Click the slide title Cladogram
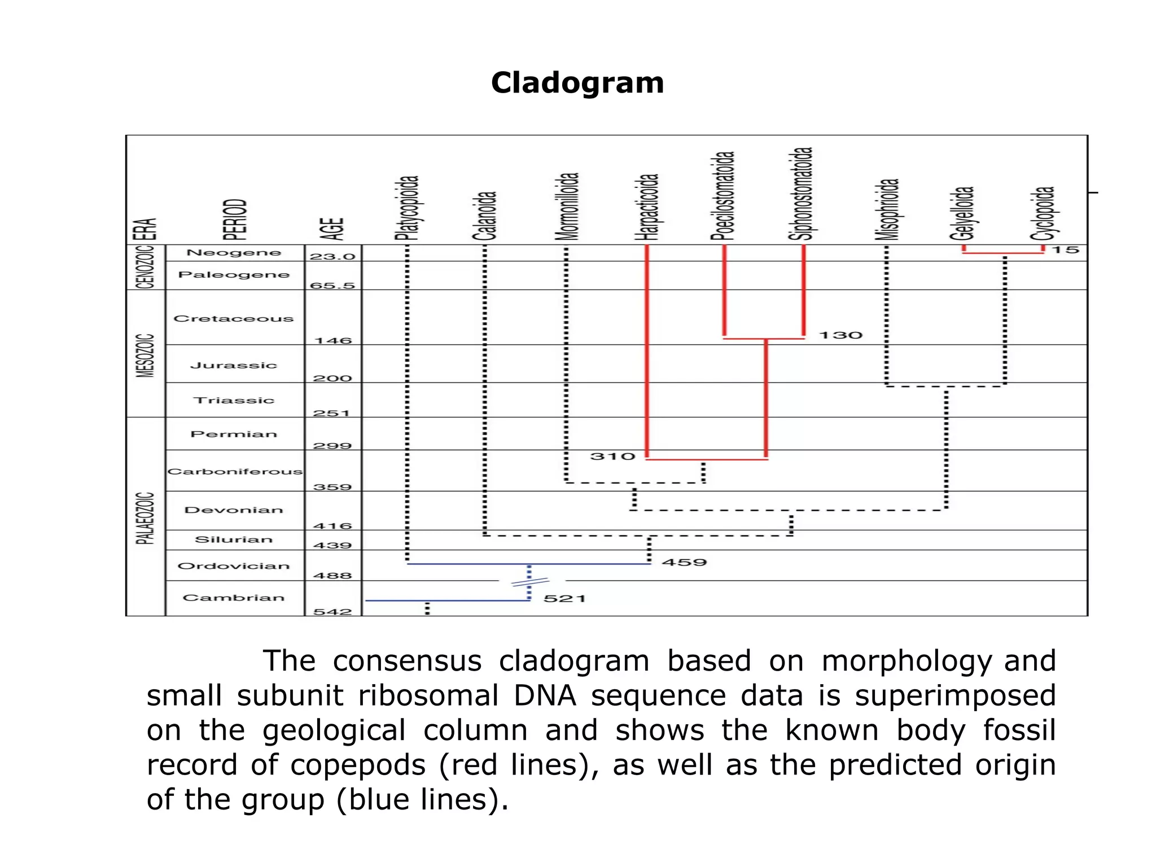coord(577,83)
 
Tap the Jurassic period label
coord(234,365)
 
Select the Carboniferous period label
coord(235,471)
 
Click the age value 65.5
coord(332,285)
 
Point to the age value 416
coord(332,526)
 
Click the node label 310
coord(612,456)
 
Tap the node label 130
coord(840,335)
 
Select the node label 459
coord(684,562)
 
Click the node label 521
coord(564,598)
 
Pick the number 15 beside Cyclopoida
coord(1066,249)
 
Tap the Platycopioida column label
coord(407,208)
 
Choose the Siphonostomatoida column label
coord(801,194)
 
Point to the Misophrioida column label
coord(887,209)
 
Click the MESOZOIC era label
coord(146,355)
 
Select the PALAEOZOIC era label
coord(146,518)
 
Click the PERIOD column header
coord(235,220)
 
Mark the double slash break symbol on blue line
coord(529,582)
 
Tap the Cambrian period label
coord(234,598)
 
